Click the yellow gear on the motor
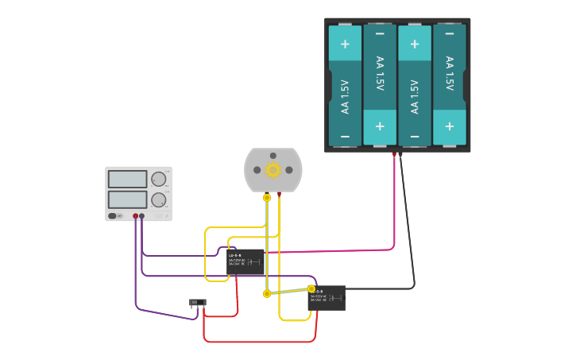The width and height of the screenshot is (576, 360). (273, 169)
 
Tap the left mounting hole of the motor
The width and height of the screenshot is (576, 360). (257, 169)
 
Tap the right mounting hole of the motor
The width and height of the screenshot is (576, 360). (289, 169)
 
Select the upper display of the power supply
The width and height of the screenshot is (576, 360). (127, 179)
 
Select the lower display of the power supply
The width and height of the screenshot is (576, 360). (127, 199)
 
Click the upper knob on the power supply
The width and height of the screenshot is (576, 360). (159, 179)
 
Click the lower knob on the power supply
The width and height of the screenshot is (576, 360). (159, 199)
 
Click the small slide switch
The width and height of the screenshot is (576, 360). (198, 303)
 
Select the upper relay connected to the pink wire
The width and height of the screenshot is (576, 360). (245, 261)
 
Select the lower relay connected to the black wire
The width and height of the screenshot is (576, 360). (327, 298)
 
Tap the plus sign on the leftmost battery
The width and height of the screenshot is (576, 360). (345, 45)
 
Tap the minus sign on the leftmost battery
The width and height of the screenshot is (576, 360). (345, 137)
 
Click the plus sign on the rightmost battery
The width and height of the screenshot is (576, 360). (450, 126)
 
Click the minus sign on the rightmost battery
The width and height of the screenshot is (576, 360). (450, 33)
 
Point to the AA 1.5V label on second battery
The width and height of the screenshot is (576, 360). (380, 74)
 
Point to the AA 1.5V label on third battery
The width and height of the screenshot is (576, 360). (415, 95)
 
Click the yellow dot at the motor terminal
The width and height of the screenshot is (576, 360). (267, 197)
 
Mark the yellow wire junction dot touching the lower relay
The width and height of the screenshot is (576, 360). (311, 288)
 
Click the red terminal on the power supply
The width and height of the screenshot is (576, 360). (136, 216)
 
